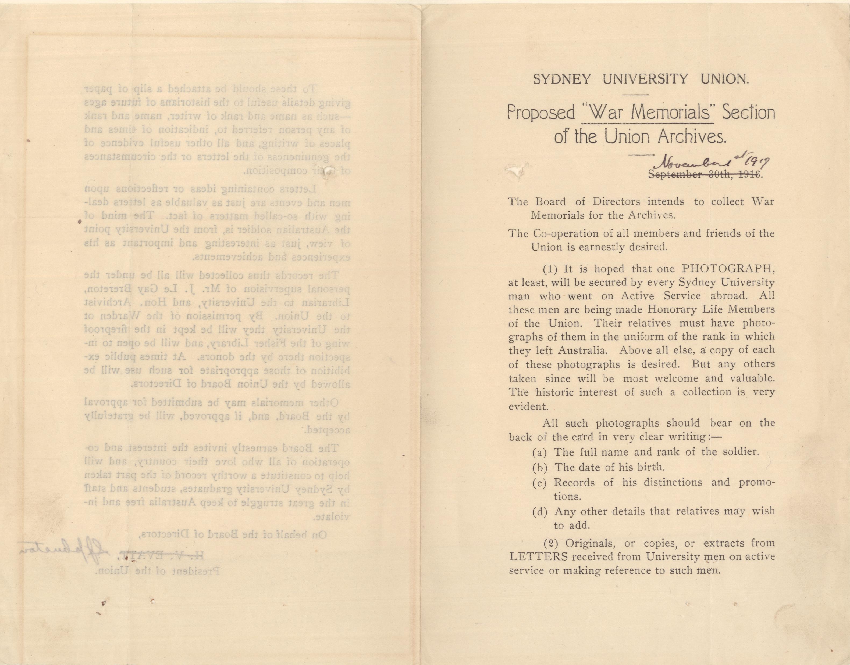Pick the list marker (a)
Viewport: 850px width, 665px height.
click(540, 452)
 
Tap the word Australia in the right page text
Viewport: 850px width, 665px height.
click(582, 350)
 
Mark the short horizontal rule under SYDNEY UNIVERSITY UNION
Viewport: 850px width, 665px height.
click(636, 95)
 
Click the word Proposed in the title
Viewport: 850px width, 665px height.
click(541, 113)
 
